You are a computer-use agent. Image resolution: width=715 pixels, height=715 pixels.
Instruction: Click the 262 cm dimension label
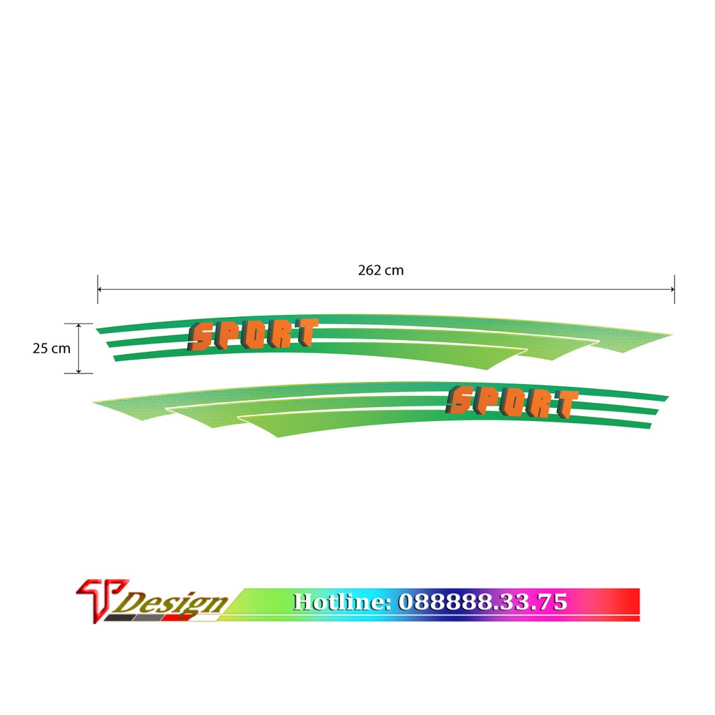(381, 270)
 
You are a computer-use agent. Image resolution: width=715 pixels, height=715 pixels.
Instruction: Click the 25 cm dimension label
(52, 348)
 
